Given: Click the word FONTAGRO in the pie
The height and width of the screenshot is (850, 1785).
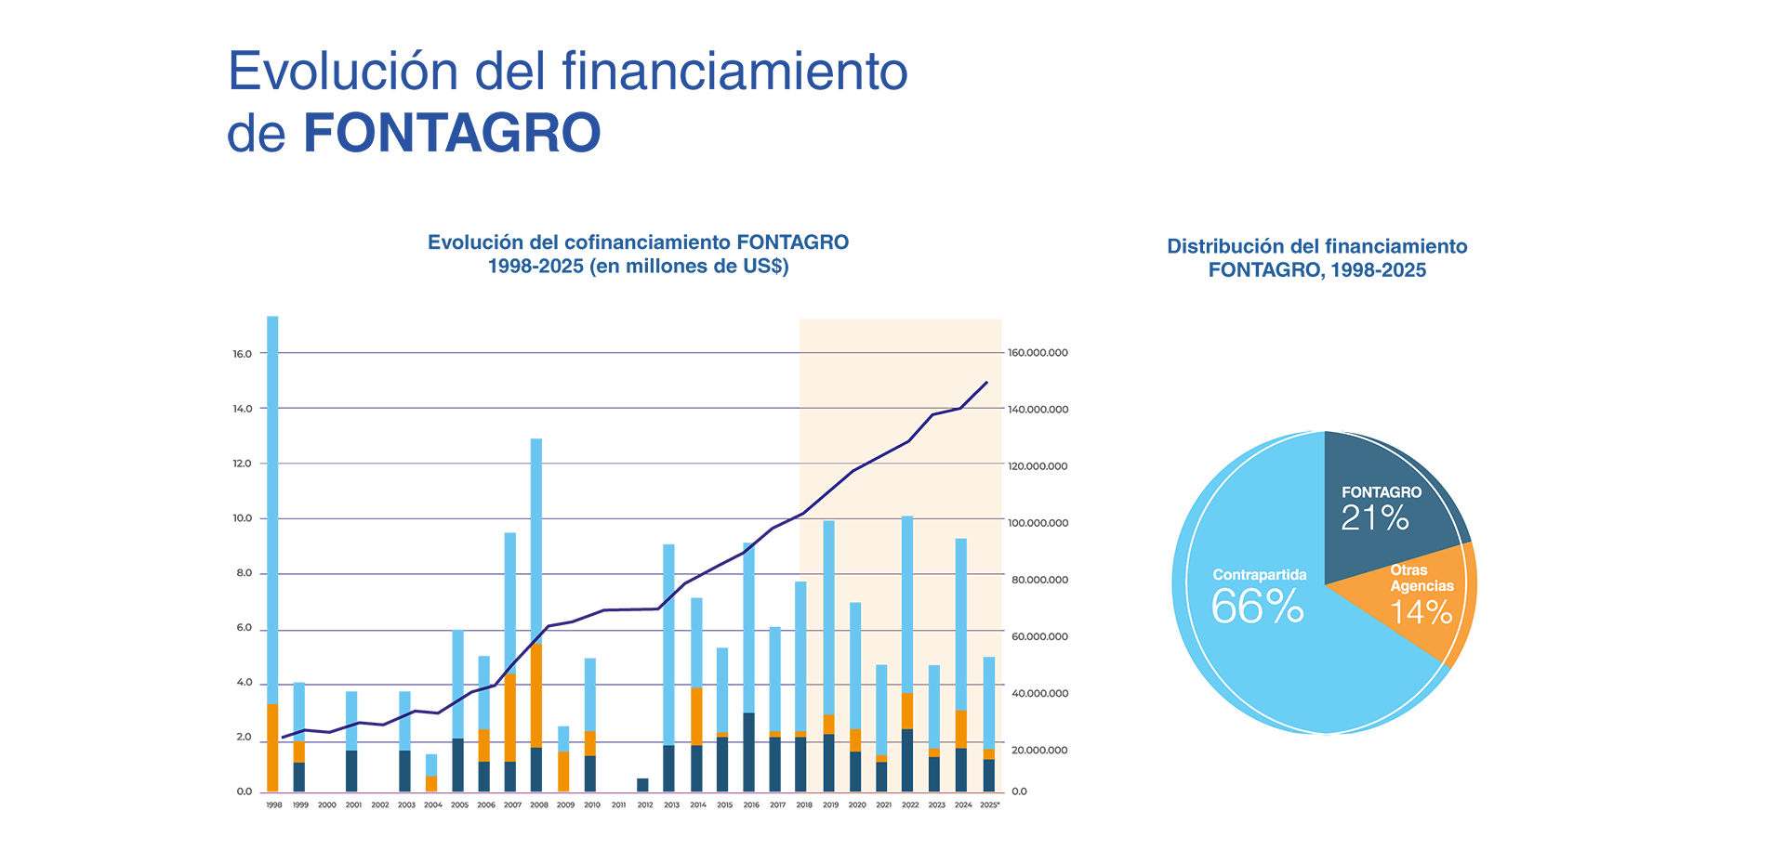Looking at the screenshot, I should point(1381,492).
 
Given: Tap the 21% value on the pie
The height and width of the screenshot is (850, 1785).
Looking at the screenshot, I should point(1374,518).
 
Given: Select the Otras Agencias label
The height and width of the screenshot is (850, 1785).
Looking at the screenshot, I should point(1421,578).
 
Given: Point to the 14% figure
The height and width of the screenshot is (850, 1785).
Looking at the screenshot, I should point(1421,613).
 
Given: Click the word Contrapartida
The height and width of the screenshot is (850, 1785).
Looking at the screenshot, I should point(1259,575).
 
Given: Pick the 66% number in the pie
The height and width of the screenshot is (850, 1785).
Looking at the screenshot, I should point(1257,608).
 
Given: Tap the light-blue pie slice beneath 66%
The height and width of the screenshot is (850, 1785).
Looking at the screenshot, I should point(1302,678).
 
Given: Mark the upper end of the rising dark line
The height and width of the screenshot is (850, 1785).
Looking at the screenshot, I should point(986,383).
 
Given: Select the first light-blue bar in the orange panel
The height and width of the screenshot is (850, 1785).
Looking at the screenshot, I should point(828,618).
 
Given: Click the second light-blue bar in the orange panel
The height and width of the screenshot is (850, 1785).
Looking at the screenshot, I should point(855,664).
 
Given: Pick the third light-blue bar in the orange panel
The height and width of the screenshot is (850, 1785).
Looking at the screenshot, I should point(881,711).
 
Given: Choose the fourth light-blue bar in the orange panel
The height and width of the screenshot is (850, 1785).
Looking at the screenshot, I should point(907,604).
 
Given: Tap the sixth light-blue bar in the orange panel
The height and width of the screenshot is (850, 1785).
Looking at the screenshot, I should point(961,622).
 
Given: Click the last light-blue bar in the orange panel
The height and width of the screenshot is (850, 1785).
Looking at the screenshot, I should point(989,701).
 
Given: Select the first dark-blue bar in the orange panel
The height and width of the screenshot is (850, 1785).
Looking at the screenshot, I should point(828,762).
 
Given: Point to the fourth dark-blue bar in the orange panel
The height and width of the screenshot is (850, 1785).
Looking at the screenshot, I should point(907,759).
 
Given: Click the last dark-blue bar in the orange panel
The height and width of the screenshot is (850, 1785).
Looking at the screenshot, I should point(989,775).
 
